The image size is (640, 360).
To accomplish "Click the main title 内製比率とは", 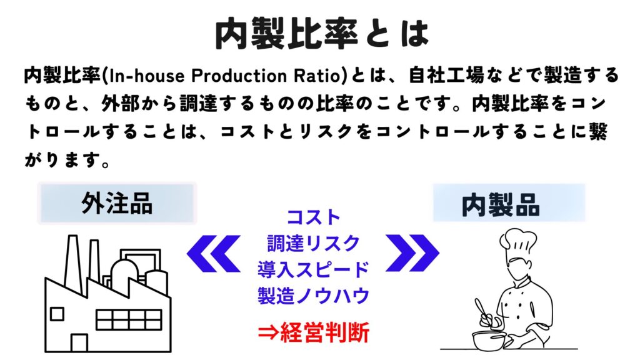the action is (x=322, y=34).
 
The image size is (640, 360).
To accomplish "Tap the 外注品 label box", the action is (x=117, y=203).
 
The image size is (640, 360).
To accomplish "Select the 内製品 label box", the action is (x=509, y=203).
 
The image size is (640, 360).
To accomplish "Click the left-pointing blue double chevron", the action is (x=214, y=253).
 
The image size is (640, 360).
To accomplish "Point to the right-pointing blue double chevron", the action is (x=412, y=253).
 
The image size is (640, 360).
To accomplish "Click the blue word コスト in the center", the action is (x=314, y=217).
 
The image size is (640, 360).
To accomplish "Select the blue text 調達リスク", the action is (x=314, y=243).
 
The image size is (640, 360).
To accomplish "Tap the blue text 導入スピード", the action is (x=314, y=269).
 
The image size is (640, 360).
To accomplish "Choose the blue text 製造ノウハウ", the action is (x=314, y=296).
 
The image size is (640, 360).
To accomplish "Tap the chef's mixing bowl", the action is (x=489, y=340).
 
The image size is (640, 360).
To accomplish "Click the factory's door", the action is (x=79, y=343).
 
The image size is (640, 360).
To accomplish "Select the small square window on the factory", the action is (x=57, y=314).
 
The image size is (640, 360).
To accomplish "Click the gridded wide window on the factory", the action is (x=129, y=319).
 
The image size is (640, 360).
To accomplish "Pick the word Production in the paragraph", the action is (x=239, y=76).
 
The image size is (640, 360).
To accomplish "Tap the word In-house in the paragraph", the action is (x=147, y=76).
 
